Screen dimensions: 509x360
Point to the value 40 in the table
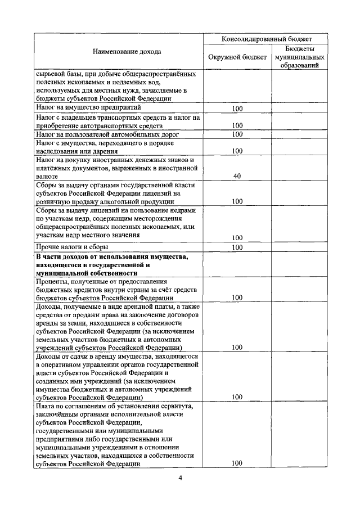[x=237, y=176]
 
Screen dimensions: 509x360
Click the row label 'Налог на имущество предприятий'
[x=88, y=107]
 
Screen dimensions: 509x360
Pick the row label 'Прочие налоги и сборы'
[x=72, y=247]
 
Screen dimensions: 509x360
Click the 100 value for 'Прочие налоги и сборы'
[x=237, y=247]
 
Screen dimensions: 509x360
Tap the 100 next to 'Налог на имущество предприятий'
[x=237, y=108]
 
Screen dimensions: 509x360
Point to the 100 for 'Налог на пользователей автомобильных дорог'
[x=237, y=135]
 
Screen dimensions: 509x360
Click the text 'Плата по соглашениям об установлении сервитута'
[x=114, y=406]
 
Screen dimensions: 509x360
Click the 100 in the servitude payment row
[x=237, y=463]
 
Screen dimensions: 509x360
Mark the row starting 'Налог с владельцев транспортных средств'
[x=118, y=118]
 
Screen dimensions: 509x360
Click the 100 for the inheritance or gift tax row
[x=237, y=151]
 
